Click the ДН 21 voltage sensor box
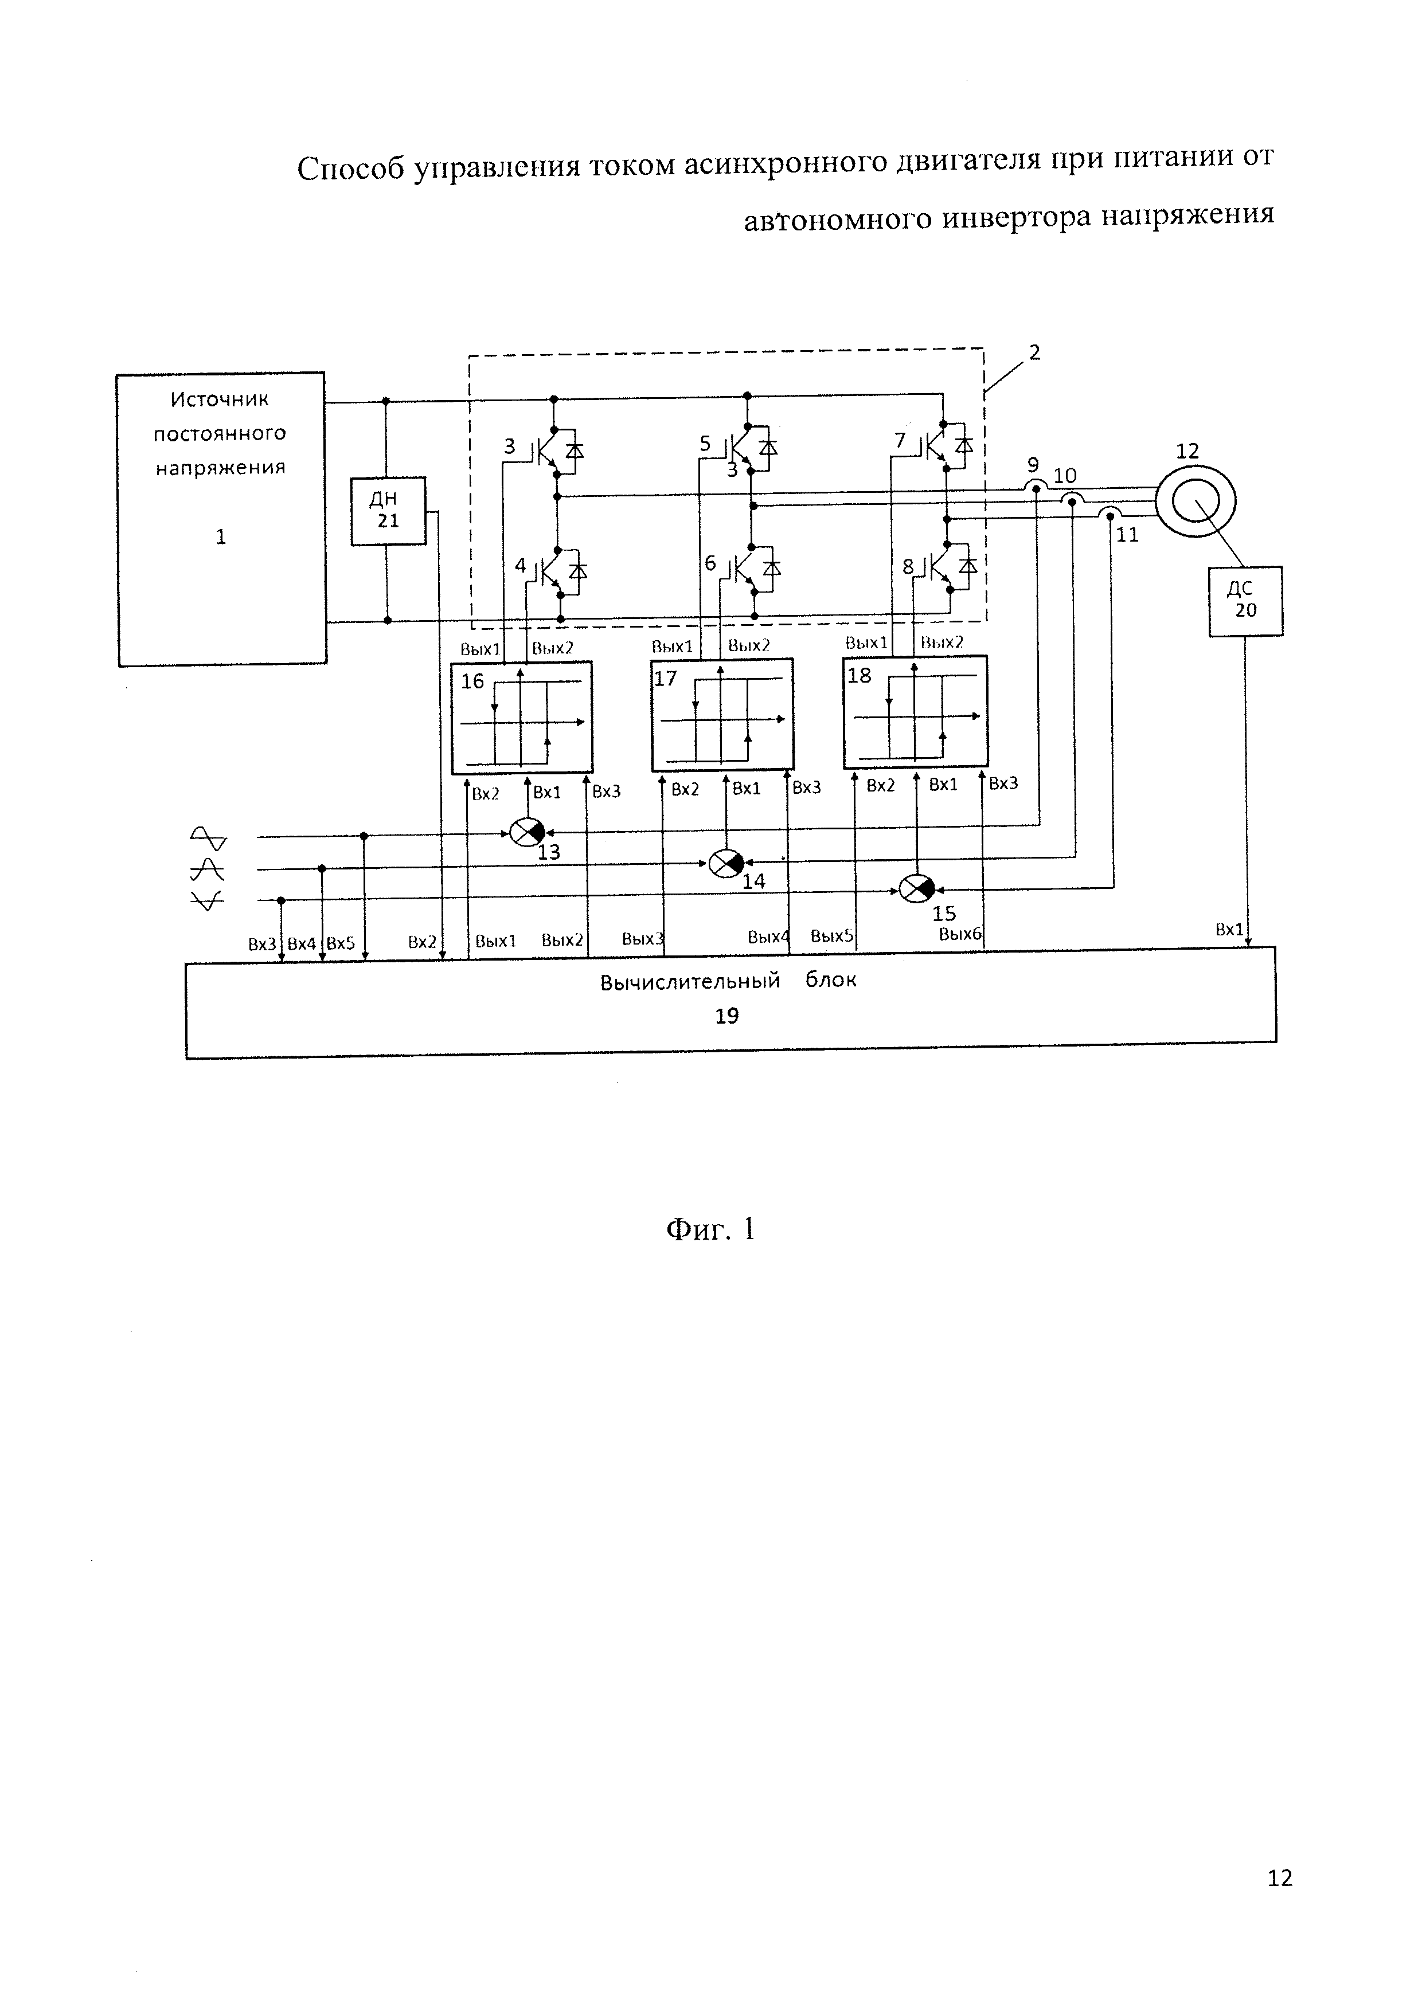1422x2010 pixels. (x=388, y=511)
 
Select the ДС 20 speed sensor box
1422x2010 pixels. (x=1246, y=601)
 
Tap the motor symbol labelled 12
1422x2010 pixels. (x=1196, y=501)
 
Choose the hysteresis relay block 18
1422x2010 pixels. (x=916, y=712)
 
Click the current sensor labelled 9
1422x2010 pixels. (x=1036, y=486)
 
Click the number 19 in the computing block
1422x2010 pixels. (x=726, y=1016)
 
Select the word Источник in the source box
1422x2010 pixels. (x=219, y=400)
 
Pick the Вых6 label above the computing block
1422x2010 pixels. (x=960, y=934)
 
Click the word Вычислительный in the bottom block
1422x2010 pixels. (x=690, y=981)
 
